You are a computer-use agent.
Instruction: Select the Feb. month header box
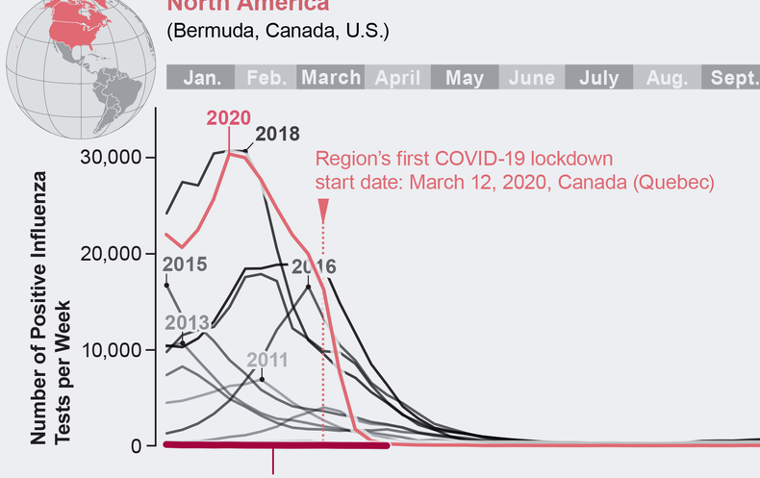click(266, 78)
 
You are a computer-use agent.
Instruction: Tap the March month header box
click(331, 78)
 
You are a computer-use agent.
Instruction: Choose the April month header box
click(397, 78)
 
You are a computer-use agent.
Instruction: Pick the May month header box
click(465, 78)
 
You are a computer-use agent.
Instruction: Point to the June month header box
click(532, 78)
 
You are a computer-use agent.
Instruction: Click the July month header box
click(599, 78)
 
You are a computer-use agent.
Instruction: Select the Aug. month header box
click(667, 78)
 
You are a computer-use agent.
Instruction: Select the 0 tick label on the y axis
click(137, 446)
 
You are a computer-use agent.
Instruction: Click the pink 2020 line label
click(229, 118)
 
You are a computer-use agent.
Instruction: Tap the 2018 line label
click(277, 135)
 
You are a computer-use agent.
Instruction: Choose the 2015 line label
click(185, 263)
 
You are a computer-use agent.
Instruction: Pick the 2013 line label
click(188, 322)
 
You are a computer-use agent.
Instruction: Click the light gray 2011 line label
click(268, 361)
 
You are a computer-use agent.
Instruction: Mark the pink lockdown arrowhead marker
click(323, 209)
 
